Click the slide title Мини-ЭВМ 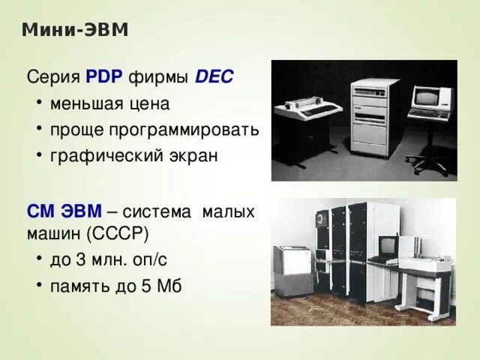coord(75,30)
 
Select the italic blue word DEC coord(214,76)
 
